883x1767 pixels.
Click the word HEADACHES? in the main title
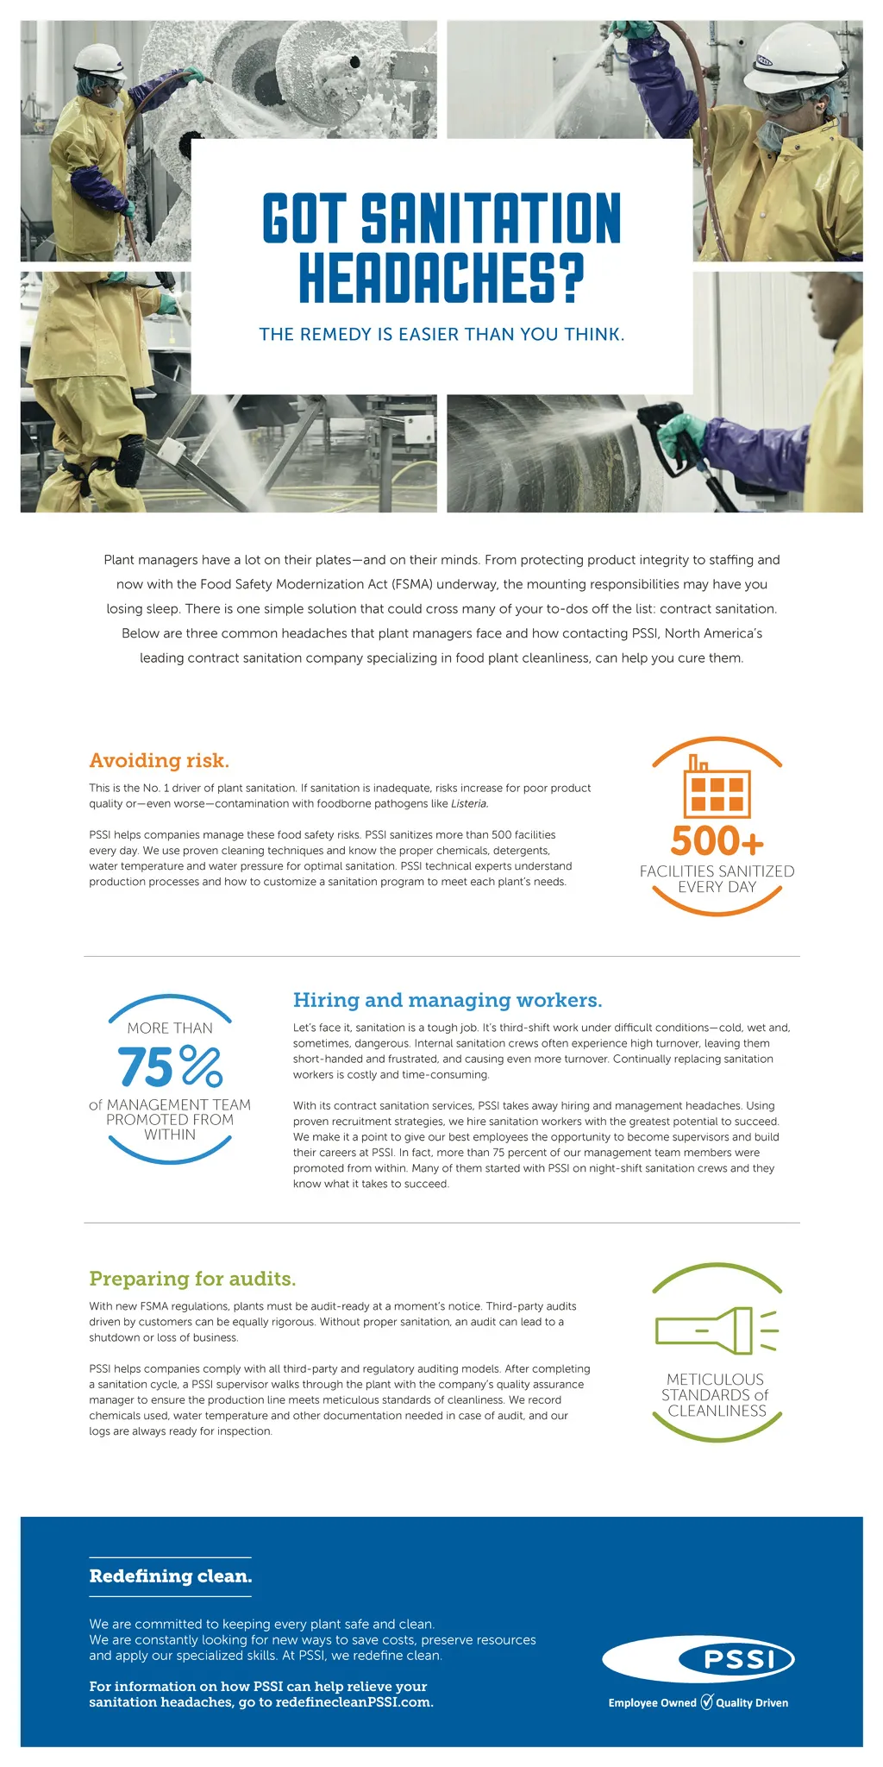click(x=441, y=277)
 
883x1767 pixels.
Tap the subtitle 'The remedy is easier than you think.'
click(x=441, y=334)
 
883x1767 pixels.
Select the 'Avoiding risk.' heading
click(x=159, y=760)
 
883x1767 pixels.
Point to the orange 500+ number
click(x=717, y=840)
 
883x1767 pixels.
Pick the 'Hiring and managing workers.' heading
click(x=447, y=1000)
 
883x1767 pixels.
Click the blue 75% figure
click(x=170, y=1066)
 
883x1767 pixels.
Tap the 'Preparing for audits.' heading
click(x=192, y=1278)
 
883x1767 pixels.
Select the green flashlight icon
click(x=716, y=1330)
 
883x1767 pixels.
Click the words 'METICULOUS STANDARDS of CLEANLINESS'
click(x=716, y=1395)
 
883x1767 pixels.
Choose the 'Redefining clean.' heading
click(x=171, y=1576)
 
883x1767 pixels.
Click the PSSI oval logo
click(x=698, y=1659)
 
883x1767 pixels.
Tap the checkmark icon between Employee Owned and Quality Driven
click(x=706, y=1702)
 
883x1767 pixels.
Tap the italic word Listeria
click(x=469, y=803)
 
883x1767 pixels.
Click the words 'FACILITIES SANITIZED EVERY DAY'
click(x=717, y=879)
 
